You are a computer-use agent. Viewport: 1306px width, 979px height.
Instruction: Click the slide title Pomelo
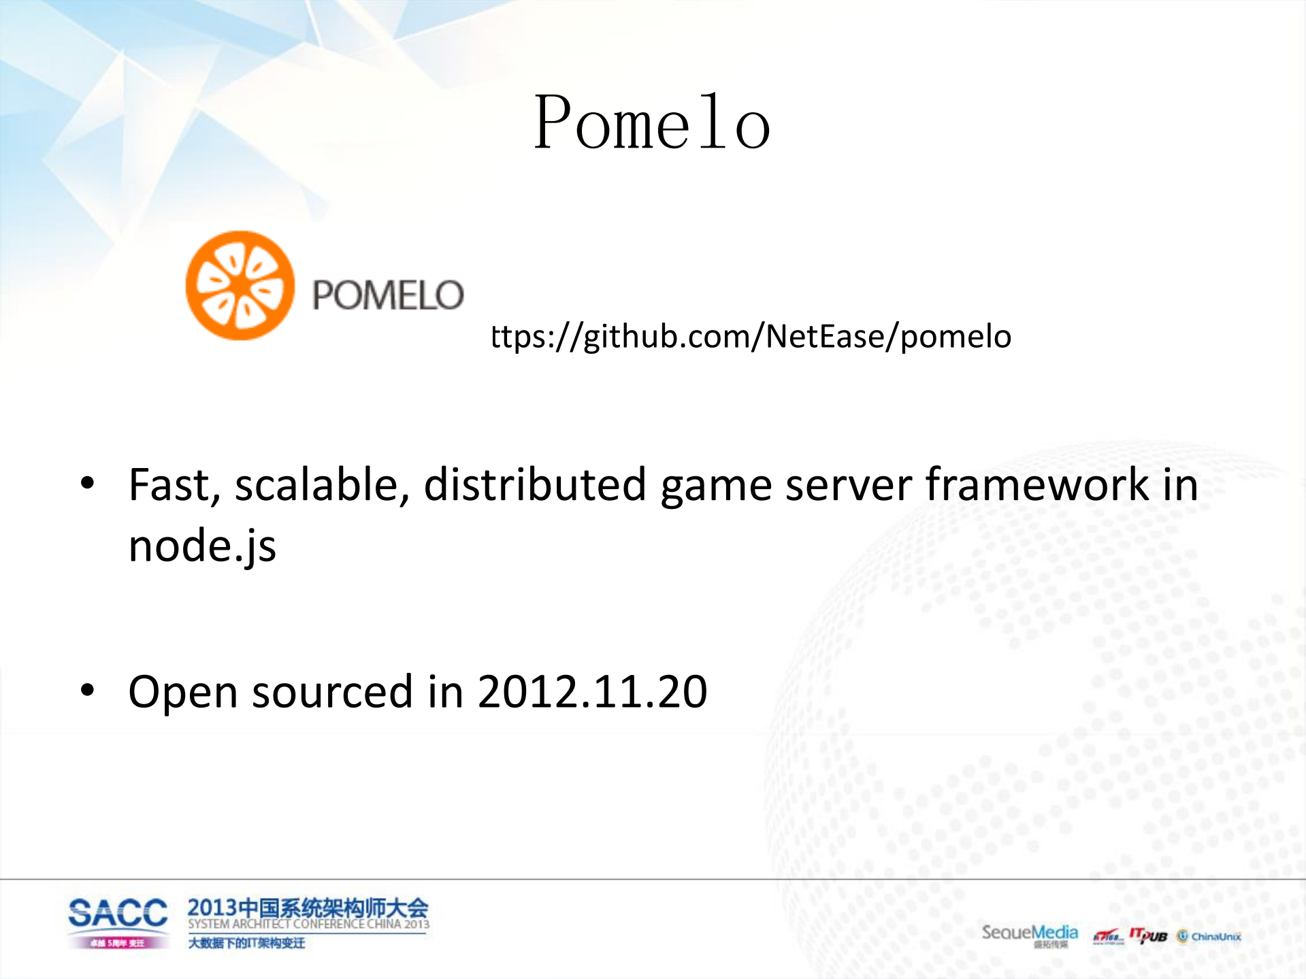(652, 123)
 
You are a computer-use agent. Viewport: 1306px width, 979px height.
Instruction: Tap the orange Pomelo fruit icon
(240, 286)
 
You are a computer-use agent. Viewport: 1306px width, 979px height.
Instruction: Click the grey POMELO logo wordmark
(388, 295)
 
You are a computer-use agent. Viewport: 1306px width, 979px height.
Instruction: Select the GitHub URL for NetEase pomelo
(751, 337)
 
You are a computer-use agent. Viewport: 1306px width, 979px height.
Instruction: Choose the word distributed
(534, 485)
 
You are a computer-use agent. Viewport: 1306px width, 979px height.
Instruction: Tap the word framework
(1037, 485)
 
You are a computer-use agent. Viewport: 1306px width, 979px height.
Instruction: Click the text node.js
(202, 546)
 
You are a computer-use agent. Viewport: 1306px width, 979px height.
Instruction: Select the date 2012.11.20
(592, 692)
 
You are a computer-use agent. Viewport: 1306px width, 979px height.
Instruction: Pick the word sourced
(332, 692)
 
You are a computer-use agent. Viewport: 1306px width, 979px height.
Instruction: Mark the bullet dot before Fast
(87, 484)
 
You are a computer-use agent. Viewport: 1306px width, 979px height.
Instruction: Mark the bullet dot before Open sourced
(87, 691)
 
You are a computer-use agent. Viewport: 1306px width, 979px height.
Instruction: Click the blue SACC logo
(118, 913)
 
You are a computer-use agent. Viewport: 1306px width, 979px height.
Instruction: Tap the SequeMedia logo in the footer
(1029, 933)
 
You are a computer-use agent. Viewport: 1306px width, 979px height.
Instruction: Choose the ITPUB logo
(1148, 935)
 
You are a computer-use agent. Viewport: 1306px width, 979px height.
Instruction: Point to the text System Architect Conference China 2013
(308, 924)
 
